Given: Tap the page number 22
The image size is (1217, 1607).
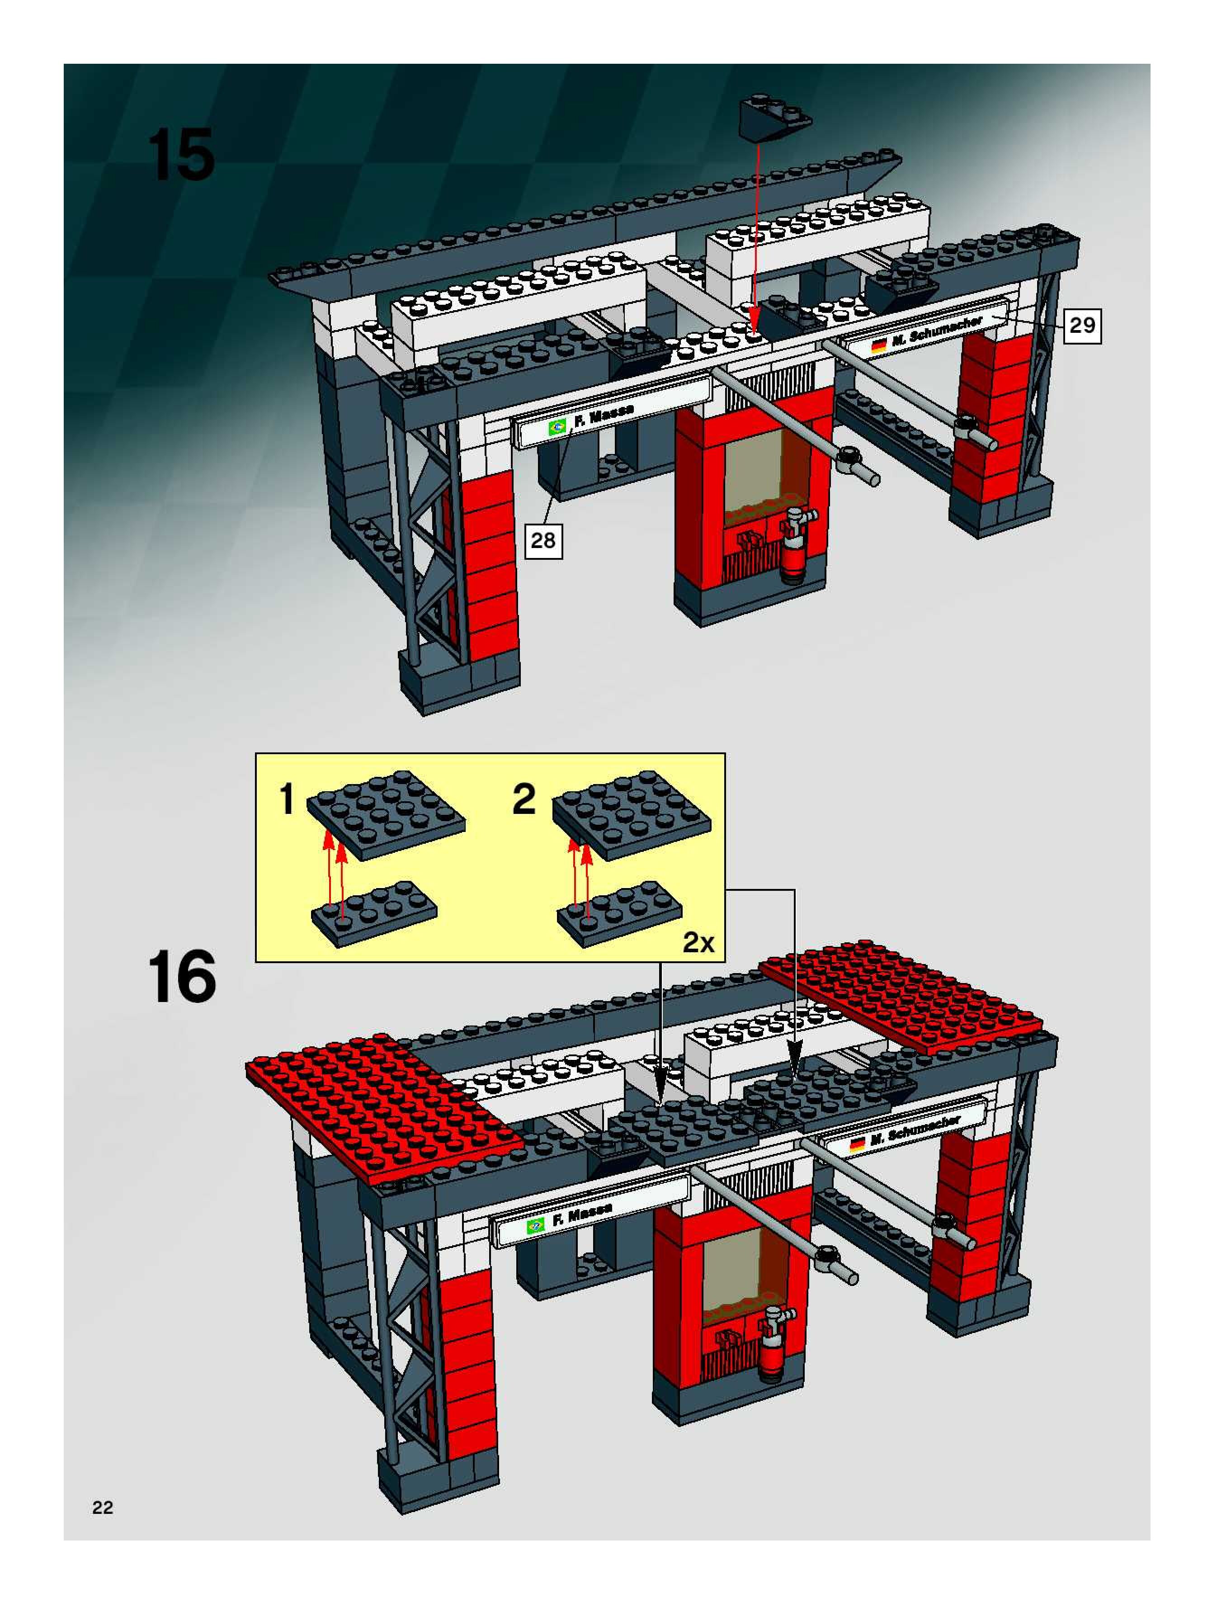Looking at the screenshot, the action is click(103, 1508).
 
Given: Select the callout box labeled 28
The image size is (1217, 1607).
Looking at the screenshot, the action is click(543, 540).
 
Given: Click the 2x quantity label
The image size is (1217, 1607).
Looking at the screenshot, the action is click(698, 942).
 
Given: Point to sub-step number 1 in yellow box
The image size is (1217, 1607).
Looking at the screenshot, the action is click(288, 799).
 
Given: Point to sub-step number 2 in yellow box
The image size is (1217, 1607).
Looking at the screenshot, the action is click(524, 799).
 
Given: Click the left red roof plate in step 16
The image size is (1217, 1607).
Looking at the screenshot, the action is click(385, 1108).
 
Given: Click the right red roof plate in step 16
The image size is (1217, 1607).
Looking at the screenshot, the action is click(901, 995).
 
